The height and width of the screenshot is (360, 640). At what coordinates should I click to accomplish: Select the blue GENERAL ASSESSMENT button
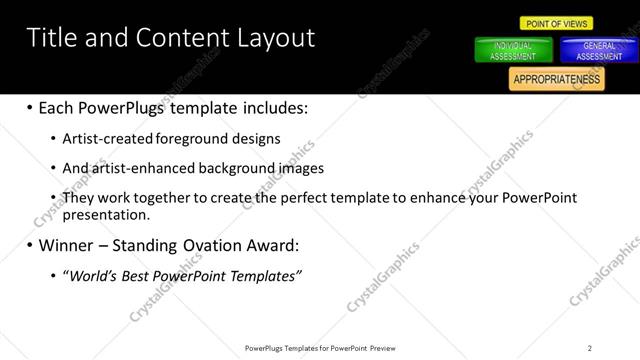599,51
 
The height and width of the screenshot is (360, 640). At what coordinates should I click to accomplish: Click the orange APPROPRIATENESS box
556,79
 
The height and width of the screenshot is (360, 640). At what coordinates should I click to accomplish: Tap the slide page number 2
590,348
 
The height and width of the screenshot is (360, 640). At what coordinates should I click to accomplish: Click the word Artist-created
104,138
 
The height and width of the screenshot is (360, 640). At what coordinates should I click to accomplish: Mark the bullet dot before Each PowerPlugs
29,107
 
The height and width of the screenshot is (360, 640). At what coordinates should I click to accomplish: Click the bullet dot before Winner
29,245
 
